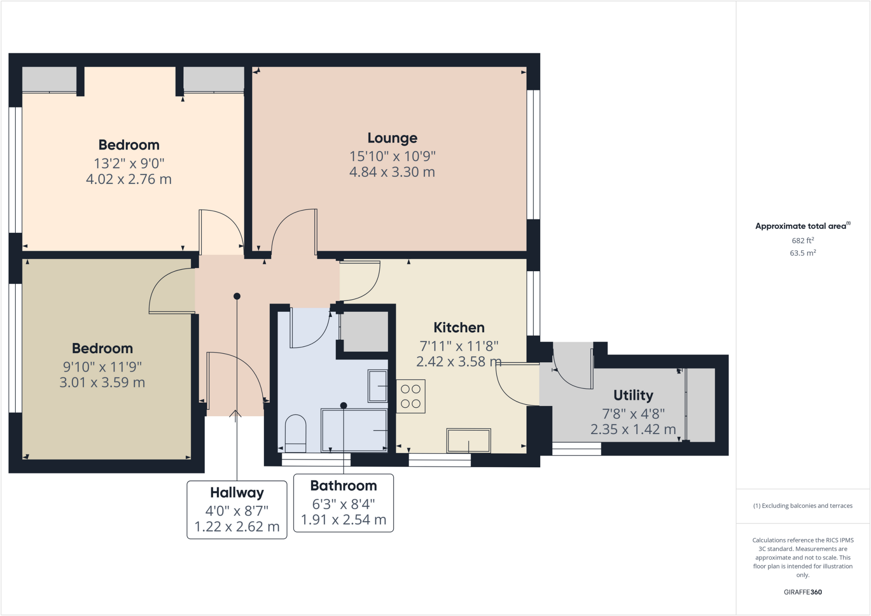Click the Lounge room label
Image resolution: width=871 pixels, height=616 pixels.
(x=392, y=138)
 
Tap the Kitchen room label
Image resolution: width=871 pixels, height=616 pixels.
(x=459, y=327)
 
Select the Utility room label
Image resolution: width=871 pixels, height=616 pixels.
(x=633, y=395)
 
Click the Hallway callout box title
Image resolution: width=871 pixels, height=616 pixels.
(x=237, y=492)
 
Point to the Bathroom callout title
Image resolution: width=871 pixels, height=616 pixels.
(x=343, y=485)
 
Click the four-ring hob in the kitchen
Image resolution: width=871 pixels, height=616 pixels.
(x=410, y=396)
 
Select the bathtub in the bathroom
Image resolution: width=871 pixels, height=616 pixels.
(x=354, y=430)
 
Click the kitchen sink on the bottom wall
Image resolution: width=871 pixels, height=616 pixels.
(x=468, y=440)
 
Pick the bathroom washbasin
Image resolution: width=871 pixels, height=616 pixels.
(x=378, y=386)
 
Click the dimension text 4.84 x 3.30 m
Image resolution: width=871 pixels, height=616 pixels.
(x=392, y=172)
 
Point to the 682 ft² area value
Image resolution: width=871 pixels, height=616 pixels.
(x=803, y=240)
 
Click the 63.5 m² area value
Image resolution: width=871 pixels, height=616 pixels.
(x=803, y=253)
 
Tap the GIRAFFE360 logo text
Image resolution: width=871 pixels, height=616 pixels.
(x=803, y=592)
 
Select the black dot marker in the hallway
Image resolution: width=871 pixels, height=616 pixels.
(x=237, y=296)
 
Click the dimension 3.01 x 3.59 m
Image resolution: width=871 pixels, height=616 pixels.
(x=102, y=382)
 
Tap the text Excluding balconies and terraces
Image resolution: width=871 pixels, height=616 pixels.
(x=803, y=505)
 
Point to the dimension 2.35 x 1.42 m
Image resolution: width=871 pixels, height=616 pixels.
(x=633, y=429)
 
